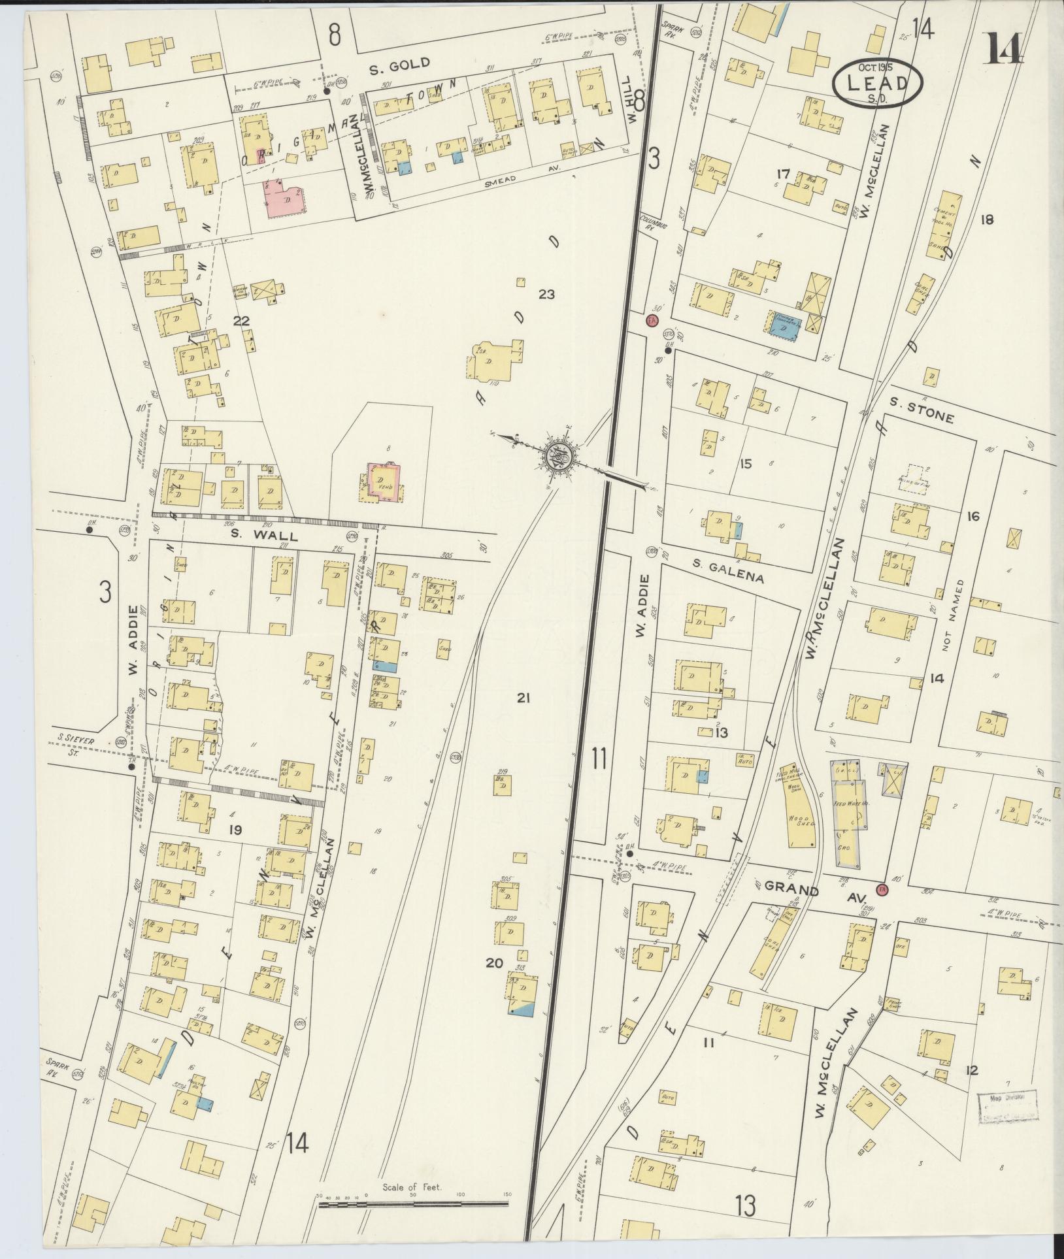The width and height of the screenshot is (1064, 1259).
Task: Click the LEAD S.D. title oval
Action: click(877, 82)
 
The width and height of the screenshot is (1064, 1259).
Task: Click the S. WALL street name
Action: click(264, 536)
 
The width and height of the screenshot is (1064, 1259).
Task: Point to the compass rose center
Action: click(560, 455)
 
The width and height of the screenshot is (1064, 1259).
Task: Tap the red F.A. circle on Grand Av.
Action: click(882, 891)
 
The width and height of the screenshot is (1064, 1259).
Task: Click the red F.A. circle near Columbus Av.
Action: click(651, 320)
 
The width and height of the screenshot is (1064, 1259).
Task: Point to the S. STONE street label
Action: click(922, 413)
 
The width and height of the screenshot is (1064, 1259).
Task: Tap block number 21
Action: click(522, 698)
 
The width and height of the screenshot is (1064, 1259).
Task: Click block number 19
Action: click(235, 830)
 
